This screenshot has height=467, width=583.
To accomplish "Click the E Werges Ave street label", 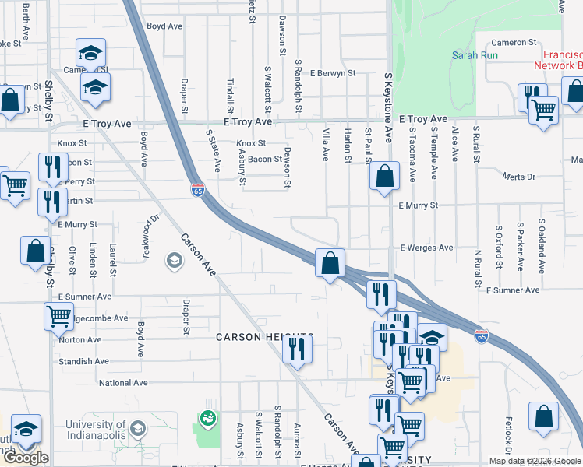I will (426, 248).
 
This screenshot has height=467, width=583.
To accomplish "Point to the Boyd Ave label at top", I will (164, 26).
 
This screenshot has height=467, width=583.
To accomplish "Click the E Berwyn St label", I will (332, 73).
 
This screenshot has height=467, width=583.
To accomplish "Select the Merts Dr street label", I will (520, 177).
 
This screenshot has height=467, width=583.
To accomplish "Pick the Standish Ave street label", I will (83, 361).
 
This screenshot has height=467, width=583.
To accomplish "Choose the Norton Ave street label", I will (79, 339).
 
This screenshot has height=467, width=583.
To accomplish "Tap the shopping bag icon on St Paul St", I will (385, 176).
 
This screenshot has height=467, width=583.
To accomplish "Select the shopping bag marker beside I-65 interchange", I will (330, 262).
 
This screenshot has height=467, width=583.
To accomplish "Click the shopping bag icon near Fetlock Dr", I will (543, 416).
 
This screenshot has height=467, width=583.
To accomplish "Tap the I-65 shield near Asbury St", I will (197, 189).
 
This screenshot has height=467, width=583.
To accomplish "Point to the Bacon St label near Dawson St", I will (265, 159).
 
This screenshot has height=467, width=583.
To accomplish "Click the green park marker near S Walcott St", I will (207, 419).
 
